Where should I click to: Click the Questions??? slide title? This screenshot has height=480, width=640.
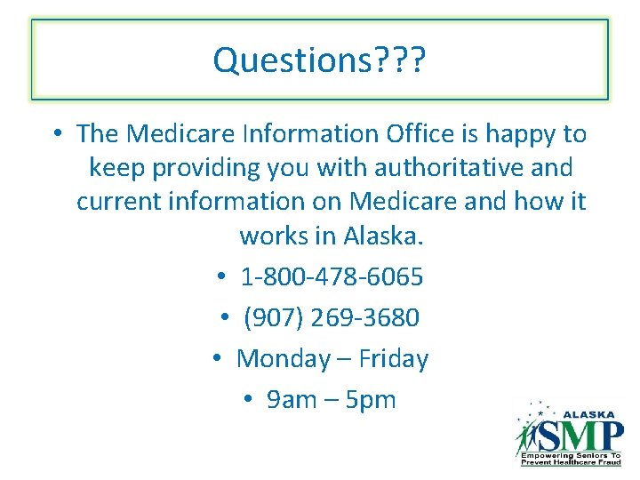(320, 60)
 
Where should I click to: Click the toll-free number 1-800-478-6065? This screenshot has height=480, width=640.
(332, 277)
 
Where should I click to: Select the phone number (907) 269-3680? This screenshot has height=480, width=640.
(331, 317)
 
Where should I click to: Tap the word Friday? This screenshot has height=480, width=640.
(394, 359)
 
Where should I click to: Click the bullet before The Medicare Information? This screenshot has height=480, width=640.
(56, 134)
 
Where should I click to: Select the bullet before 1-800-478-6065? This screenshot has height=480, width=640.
(222, 277)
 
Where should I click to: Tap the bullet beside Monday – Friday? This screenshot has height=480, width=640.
(218, 359)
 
